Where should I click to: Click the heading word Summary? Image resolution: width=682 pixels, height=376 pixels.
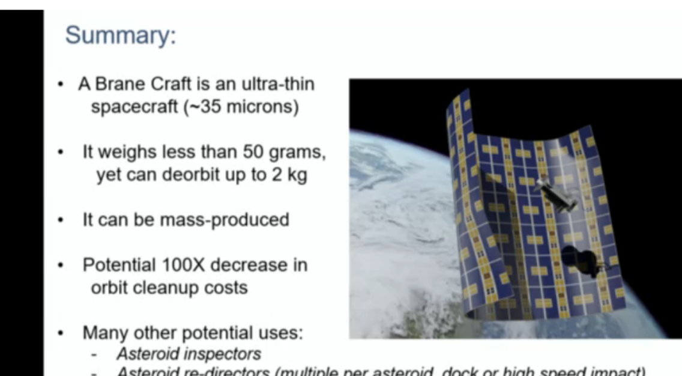[x=120, y=35]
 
